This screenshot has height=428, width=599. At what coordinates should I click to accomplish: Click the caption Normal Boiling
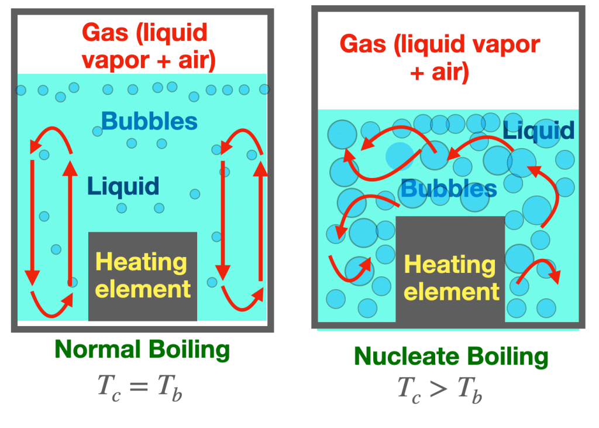click(x=142, y=350)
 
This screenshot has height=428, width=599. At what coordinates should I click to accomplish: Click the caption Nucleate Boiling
click(x=451, y=357)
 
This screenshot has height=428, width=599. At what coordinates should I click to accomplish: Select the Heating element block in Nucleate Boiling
click(x=450, y=269)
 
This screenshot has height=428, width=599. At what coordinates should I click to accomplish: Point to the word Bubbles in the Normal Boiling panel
click(x=149, y=122)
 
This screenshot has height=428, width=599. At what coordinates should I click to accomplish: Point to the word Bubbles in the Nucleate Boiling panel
click(x=449, y=189)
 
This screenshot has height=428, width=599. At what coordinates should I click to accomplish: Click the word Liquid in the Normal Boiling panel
click(x=123, y=187)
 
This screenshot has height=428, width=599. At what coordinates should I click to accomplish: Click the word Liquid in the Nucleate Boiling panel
click(x=539, y=130)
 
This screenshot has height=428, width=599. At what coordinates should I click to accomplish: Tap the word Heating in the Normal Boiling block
click(x=141, y=262)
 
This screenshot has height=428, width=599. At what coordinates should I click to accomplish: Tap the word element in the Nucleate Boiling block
click(x=452, y=292)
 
